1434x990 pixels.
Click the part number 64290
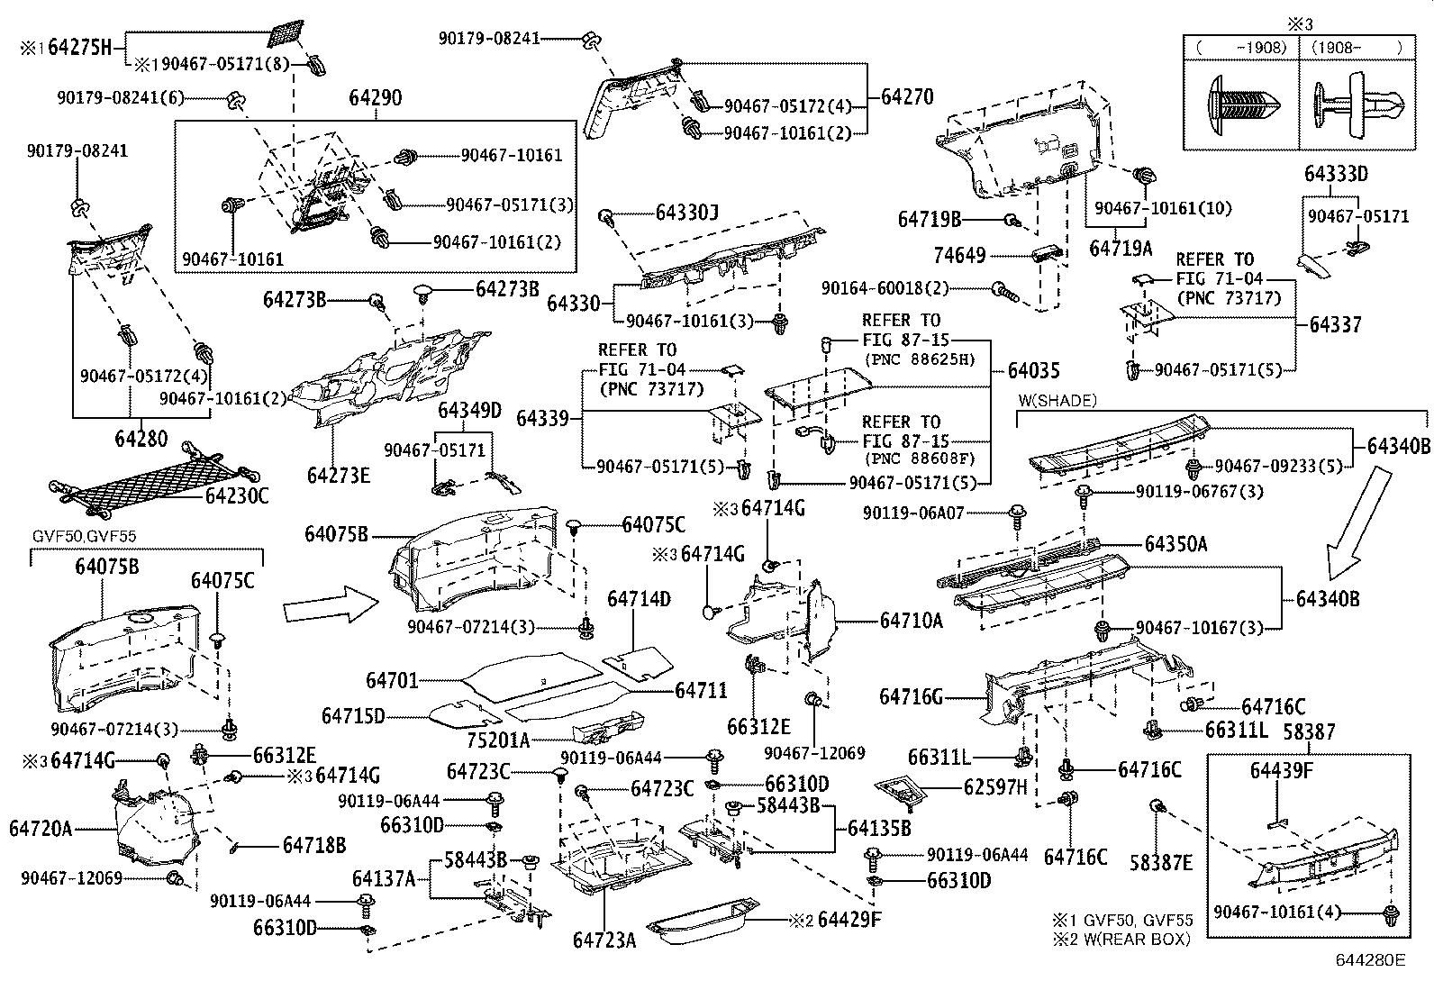click(377, 98)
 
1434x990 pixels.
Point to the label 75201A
click(498, 740)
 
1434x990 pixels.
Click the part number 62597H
click(995, 788)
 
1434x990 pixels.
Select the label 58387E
click(1162, 862)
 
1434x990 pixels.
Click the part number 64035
click(1033, 370)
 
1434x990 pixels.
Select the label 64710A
click(911, 620)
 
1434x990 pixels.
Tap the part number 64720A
click(41, 827)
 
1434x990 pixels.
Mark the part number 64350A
click(1176, 544)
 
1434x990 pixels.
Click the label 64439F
click(1282, 770)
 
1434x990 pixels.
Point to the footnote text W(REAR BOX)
click(1139, 939)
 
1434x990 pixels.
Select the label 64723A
click(604, 940)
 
